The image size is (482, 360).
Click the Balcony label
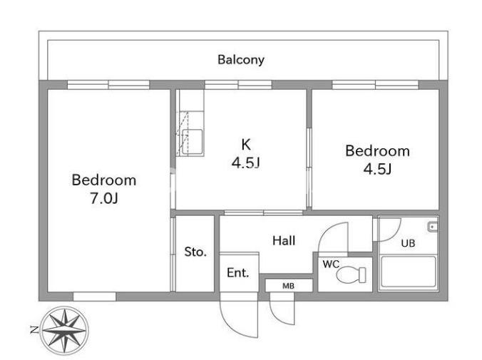pos(241,60)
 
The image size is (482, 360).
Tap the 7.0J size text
pos(104,198)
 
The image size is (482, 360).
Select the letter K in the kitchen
pos(246,145)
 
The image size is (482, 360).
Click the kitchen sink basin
pos(192,142)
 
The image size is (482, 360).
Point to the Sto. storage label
pos(195,252)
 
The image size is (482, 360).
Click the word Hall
pos(284,240)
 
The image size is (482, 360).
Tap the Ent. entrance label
pos(238,273)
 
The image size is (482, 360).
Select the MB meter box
pos(289,286)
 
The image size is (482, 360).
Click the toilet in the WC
pos(351,274)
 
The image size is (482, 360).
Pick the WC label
pos(331,264)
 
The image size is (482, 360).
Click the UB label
pos(408,243)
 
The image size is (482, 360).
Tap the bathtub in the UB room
pos(409,272)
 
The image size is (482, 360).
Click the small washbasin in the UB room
pos(433,227)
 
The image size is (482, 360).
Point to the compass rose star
pos(65,330)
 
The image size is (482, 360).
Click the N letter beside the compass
pos(34,330)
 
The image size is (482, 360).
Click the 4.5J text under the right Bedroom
pos(377,169)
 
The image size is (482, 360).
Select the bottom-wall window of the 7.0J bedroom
pos(94,297)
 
